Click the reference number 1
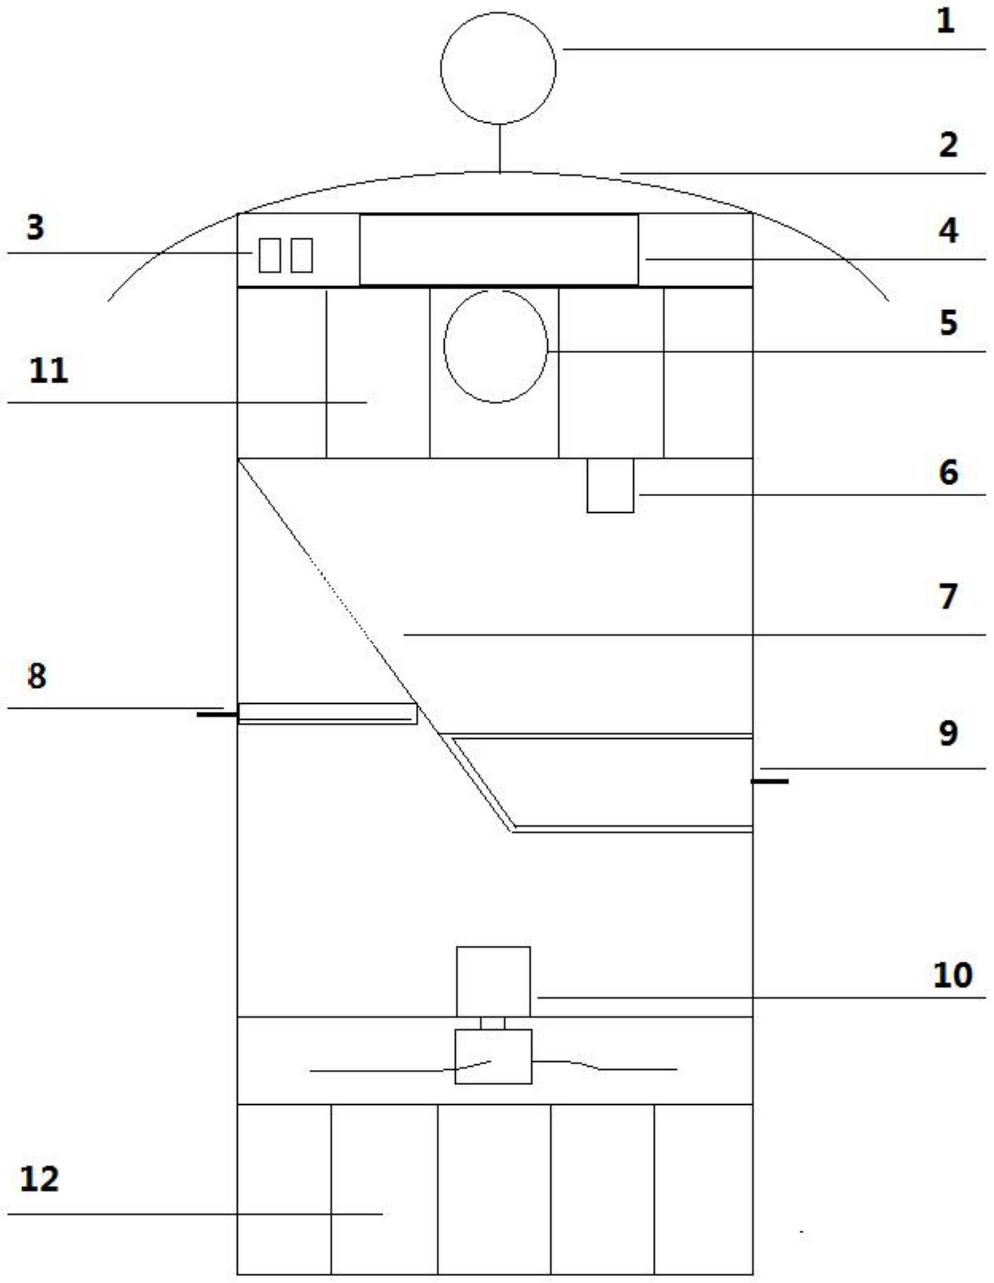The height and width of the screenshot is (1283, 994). pos(945,22)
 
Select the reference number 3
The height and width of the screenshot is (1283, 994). pos(35,227)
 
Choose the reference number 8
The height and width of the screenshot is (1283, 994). pos(36,676)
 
